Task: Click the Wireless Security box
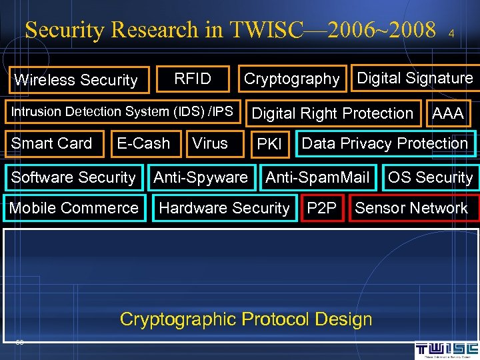tap(75, 80)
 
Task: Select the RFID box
tap(193, 79)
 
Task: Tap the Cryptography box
tap(292, 79)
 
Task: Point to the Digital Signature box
tap(415, 78)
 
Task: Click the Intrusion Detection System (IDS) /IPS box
tap(122, 111)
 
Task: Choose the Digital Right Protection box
tap(332, 113)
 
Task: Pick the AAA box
tap(447, 113)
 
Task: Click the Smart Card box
tap(52, 143)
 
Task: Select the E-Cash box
tap(143, 143)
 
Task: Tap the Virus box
tap(210, 143)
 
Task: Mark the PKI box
tap(269, 144)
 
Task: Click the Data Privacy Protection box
tap(385, 143)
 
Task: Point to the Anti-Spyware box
tap(201, 177)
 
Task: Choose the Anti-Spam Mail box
tap(317, 177)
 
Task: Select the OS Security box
tap(430, 177)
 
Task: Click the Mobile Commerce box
tap(73, 207)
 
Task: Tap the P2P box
tap(321, 208)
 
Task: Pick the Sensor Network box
tap(411, 208)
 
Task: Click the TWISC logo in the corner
tap(446, 350)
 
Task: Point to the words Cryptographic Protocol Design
tap(246, 319)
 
